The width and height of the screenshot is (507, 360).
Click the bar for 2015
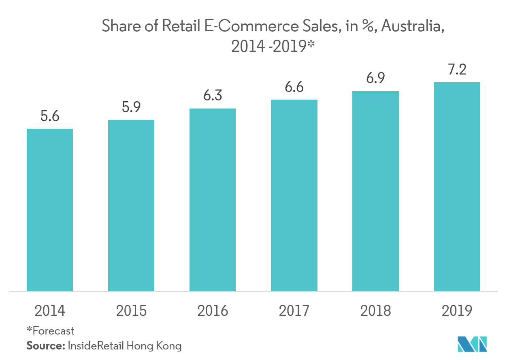coord(131,205)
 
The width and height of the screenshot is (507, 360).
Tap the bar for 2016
coord(213,200)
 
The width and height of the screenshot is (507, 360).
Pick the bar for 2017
coord(294,195)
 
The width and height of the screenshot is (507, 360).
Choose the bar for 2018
coord(375,191)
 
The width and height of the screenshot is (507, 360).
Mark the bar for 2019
coord(457,186)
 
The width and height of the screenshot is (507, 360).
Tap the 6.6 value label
coord(294,87)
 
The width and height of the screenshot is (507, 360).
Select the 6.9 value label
coord(375,78)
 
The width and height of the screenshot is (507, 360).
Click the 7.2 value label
coord(457,69)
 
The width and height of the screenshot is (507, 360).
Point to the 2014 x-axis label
coord(50,311)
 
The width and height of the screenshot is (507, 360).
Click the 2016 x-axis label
coord(213,311)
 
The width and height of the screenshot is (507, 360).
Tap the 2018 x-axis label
coord(375,311)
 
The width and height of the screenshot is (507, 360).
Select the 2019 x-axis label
coord(457,311)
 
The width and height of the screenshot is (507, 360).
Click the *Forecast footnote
coord(50,330)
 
